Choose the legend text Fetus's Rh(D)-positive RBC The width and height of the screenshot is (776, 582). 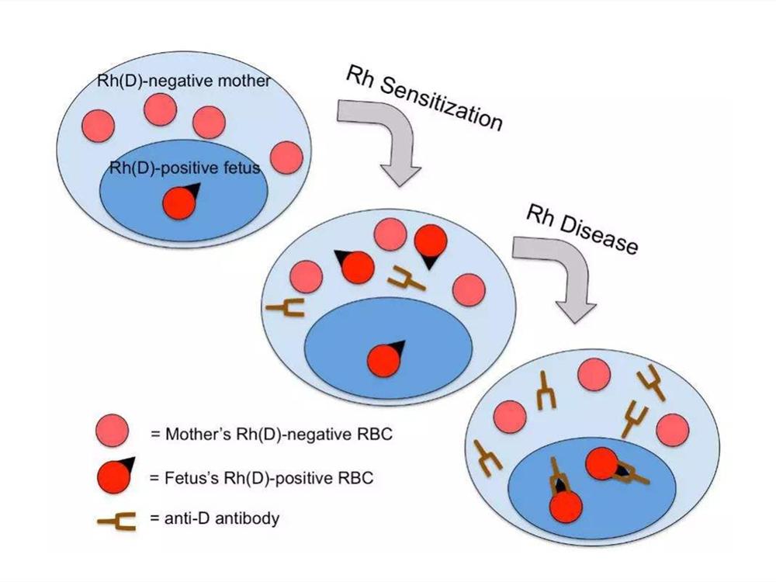[x=262, y=477]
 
